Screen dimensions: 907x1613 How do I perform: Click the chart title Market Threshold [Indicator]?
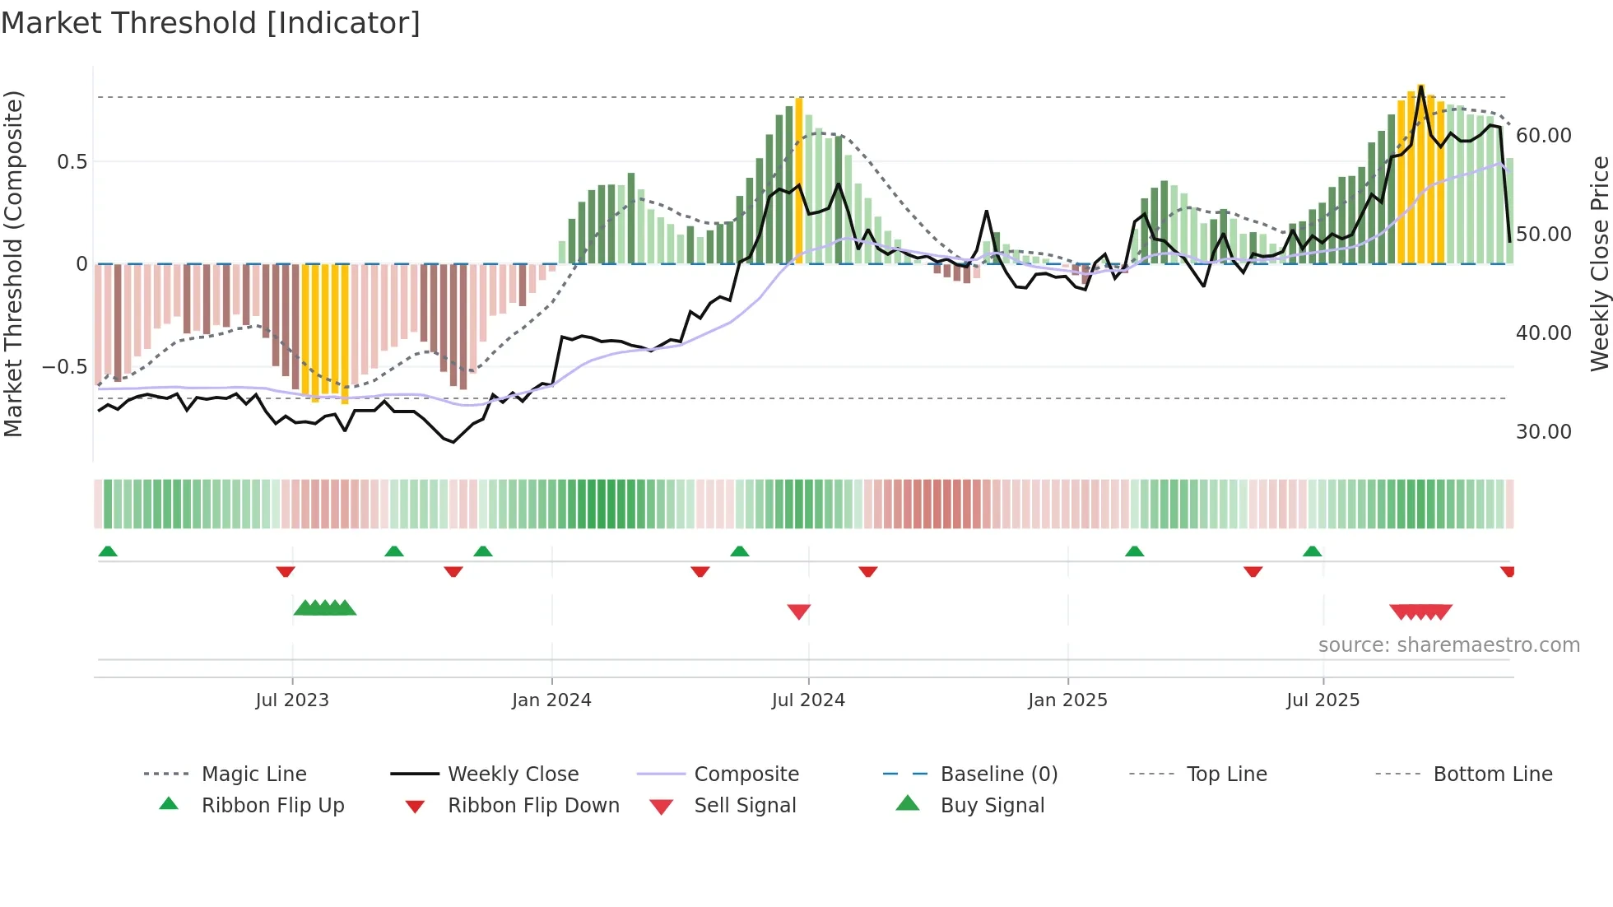point(211,23)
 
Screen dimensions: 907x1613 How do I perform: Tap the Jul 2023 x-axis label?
point(292,700)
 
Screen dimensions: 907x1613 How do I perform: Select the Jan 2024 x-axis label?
point(551,700)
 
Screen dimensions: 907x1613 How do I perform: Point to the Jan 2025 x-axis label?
point(1067,700)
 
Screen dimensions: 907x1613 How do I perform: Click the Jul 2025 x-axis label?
point(1322,700)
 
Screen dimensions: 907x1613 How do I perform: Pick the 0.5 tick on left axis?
point(72,161)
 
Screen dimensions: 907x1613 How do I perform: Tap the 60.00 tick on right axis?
point(1543,135)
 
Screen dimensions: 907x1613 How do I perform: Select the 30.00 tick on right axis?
point(1543,431)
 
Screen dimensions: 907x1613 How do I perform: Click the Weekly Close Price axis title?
point(1599,263)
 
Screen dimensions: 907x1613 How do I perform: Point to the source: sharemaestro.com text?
point(1448,644)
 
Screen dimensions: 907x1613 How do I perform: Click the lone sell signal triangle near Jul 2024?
point(799,612)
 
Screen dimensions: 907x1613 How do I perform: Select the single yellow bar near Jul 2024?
point(799,181)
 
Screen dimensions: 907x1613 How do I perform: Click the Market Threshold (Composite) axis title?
point(13,263)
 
